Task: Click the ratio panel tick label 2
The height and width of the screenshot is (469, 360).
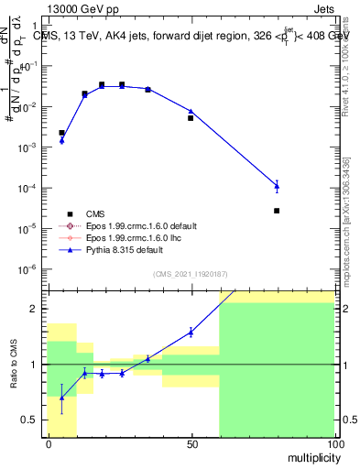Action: [x=33, y=309]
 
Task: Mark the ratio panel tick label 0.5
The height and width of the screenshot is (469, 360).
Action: [x=29, y=420]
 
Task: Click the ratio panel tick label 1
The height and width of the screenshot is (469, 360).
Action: [x=33, y=365]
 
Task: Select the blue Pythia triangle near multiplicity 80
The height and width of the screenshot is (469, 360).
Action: [x=277, y=187]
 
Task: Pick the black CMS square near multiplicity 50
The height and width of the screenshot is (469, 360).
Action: [x=191, y=118]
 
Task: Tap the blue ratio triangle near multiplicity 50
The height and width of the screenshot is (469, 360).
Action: [x=191, y=333]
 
